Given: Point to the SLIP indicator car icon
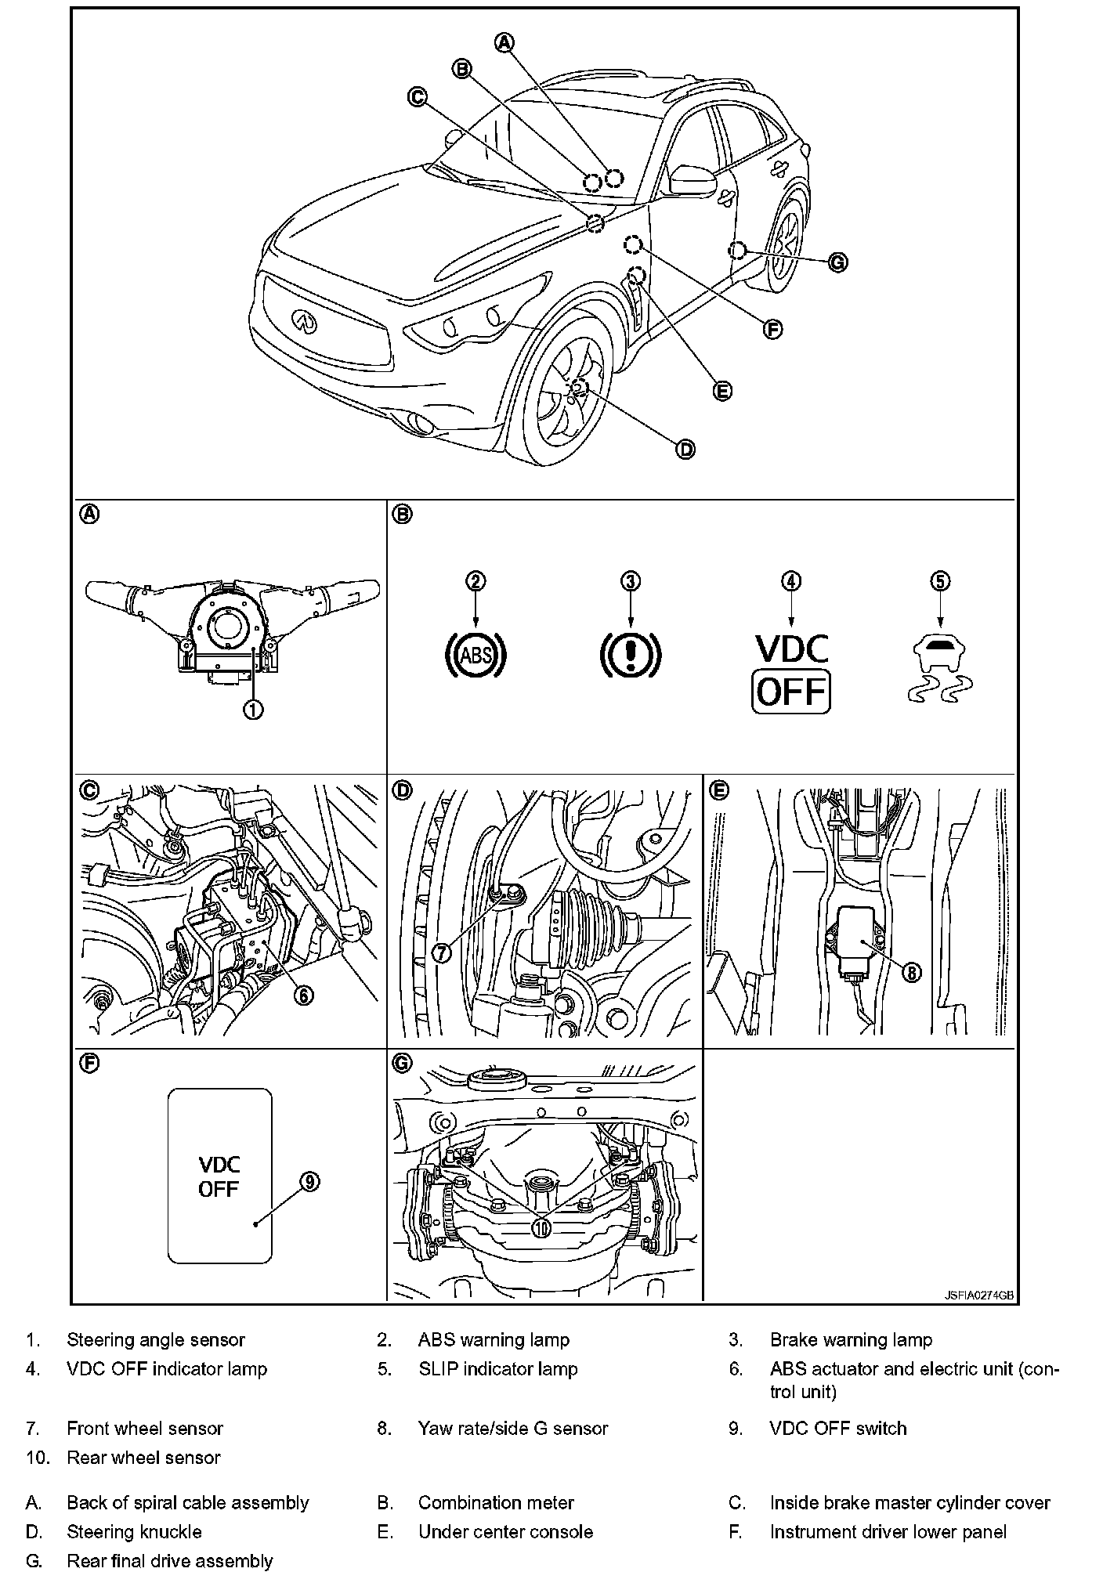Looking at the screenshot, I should [939, 670].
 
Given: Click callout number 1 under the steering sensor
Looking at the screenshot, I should [252, 710].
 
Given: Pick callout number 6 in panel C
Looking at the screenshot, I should [303, 994].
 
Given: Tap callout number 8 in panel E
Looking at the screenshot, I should [911, 972].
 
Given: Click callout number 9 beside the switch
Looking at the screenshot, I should [310, 1181].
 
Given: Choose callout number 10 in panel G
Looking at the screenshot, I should [541, 1227].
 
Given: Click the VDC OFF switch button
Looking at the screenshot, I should [219, 1175].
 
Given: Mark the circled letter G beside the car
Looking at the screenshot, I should [837, 262].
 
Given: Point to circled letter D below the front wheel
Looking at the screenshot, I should [685, 449].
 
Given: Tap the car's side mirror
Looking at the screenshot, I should [690, 179].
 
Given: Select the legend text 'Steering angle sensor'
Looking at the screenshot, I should [156, 1340].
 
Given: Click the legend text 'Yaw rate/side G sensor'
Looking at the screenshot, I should [512, 1428].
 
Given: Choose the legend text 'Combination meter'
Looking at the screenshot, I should [495, 1502].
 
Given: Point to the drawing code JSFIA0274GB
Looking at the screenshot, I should [978, 1295].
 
